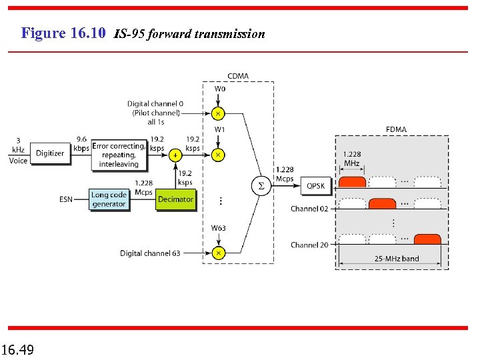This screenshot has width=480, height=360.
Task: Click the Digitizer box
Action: [50, 153]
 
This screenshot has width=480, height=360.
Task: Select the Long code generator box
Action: [109, 199]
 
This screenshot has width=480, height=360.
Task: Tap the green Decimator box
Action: [176, 199]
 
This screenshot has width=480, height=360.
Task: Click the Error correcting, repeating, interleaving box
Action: [119, 155]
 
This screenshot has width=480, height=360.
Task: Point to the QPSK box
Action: [316, 186]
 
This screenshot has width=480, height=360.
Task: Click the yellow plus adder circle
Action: [176, 155]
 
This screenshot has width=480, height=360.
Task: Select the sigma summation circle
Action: [261, 186]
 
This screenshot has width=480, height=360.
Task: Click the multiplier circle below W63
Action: [218, 253]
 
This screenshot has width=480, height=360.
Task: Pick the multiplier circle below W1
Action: [218, 155]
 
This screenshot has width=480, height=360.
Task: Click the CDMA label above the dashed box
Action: [238, 76]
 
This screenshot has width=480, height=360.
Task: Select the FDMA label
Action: [395, 129]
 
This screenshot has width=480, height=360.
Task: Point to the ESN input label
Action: [66, 199]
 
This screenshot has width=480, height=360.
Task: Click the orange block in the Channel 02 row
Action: [383, 203]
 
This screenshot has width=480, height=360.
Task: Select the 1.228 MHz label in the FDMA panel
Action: [352, 159]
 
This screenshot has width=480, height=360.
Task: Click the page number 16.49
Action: [19, 349]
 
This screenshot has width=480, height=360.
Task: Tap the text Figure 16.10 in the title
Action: [63, 33]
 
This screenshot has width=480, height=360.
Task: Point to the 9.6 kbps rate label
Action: [82, 143]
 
